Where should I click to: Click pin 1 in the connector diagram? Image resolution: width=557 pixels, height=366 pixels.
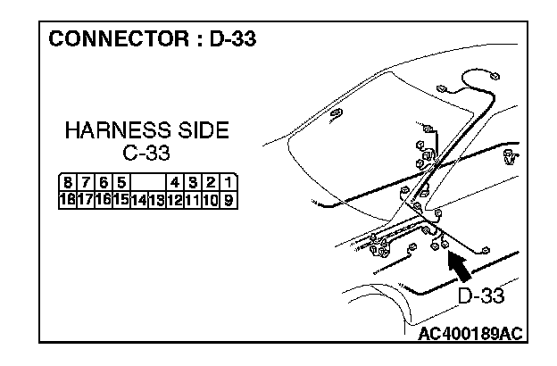coord(229,185)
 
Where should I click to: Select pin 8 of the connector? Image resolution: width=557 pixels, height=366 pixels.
coord(65,185)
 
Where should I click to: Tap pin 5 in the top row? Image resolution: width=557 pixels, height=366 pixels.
coord(121,185)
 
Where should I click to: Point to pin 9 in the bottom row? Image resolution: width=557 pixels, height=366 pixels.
coord(229,200)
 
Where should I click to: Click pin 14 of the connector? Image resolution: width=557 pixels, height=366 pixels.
coord(138,200)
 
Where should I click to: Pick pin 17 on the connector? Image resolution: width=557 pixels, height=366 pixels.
coord(84,200)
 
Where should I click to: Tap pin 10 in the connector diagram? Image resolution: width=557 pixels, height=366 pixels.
coord(211,200)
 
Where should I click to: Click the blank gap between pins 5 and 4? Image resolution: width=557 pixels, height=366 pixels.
coord(147,185)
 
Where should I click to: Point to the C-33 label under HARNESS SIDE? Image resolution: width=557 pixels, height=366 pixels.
coord(146,154)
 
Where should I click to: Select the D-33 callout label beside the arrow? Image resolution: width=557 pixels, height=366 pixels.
coord(480,296)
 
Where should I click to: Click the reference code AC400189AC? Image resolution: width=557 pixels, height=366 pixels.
coord(470,334)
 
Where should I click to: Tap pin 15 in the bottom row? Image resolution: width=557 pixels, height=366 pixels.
coord(121,200)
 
